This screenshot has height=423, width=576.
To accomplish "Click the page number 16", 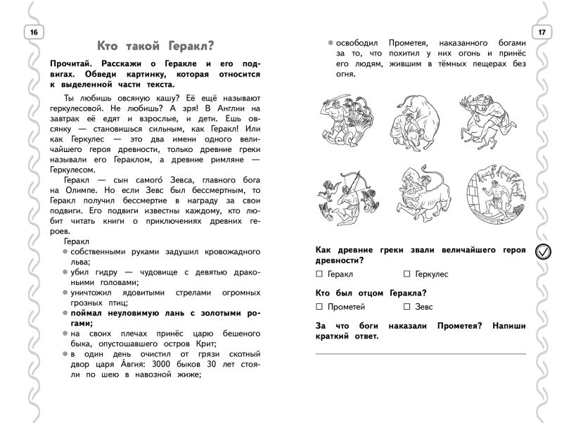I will point(34,32).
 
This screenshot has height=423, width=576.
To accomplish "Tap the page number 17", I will point(542,32).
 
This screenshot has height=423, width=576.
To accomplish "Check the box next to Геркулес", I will point(407,274).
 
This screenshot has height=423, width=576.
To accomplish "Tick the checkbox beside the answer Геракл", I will point(320,274).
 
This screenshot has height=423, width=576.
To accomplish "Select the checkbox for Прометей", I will point(320,307).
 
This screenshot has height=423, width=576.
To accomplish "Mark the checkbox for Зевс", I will point(407,307).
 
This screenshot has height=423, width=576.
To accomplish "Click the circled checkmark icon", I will point(544,251).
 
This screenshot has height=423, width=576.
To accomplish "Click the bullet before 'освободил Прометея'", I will point(330,44).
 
